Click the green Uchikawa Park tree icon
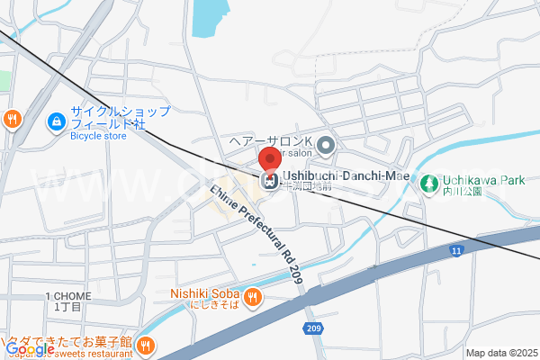tap(425, 182)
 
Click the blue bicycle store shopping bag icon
tap(56, 119)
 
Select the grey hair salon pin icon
tap(326, 143)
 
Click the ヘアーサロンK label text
tap(269, 142)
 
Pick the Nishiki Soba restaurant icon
tap(253, 294)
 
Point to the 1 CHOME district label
tap(67, 296)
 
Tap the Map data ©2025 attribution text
tap(500, 353)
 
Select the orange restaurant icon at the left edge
tap(12, 118)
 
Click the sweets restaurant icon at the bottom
tap(145, 343)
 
